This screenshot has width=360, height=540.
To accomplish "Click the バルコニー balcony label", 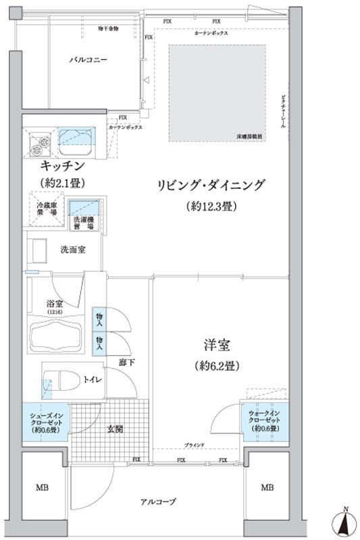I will click(x=88, y=60).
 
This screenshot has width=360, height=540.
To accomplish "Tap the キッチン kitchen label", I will click(x=62, y=166).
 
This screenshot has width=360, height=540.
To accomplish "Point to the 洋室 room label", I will click(x=217, y=346).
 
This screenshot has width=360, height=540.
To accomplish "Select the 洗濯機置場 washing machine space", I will click(x=84, y=215).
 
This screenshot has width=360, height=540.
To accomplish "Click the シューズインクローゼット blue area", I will click(x=45, y=422).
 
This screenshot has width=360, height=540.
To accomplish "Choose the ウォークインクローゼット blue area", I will click(x=265, y=422).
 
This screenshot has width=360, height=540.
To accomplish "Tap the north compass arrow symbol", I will click(x=344, y=522).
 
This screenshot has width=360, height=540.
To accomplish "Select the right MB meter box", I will click(x=267, y=487).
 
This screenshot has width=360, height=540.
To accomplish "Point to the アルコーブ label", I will click(x=159, y=502).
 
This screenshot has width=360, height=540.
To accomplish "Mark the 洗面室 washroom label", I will click(x=72, y=250).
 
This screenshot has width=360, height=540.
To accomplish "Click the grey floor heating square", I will click(x=217, y=93).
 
